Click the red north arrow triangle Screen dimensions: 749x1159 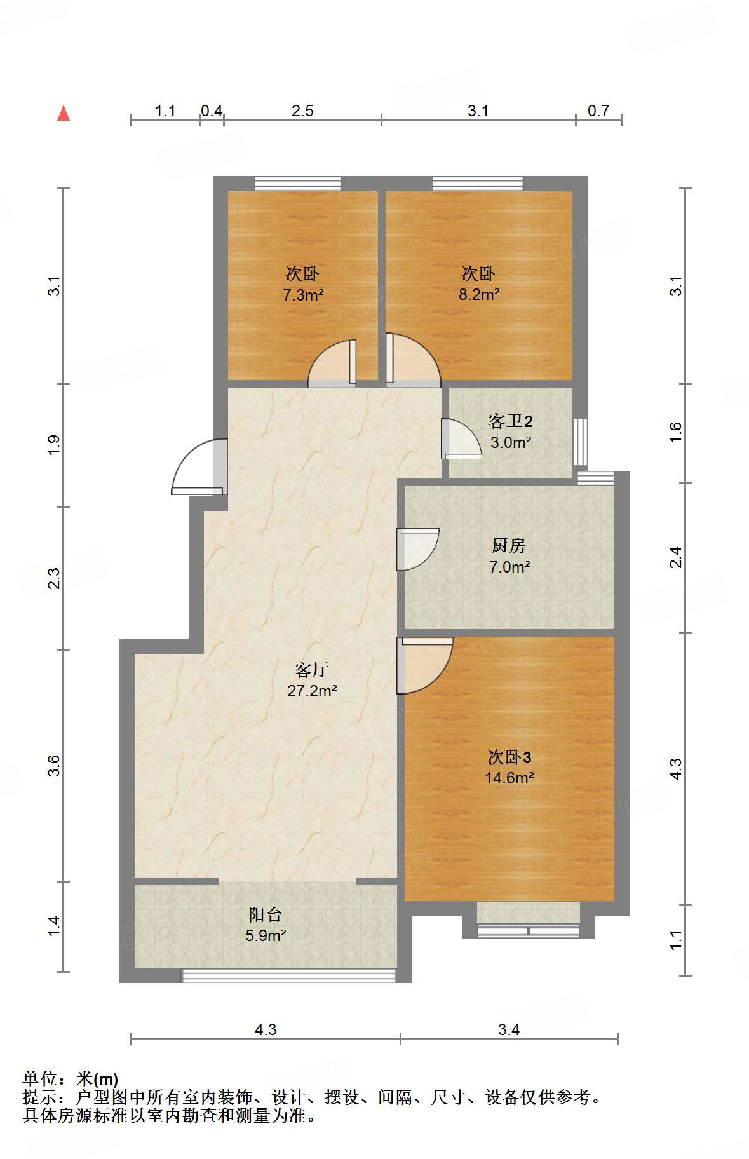point(64,113)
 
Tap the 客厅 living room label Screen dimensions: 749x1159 point(311,670)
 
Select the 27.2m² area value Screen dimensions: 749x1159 point(311,691)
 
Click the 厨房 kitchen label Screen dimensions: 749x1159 point(509,545)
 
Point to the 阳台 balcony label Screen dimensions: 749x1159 point(265,914)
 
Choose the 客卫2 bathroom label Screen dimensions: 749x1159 point(510,421)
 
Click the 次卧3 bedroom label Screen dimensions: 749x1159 point(509,757)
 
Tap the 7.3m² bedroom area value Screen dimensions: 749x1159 point(303,295)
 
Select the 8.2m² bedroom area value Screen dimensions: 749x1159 point(479,294)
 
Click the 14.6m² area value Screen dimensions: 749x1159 point(509,778)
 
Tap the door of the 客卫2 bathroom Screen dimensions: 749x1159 point(461,438)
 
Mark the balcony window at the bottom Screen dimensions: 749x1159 point(289,975)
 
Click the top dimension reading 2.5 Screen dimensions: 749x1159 point(302,111)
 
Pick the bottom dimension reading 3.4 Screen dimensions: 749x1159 point(509,1029)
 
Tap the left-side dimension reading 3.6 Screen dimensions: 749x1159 point(54,766)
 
